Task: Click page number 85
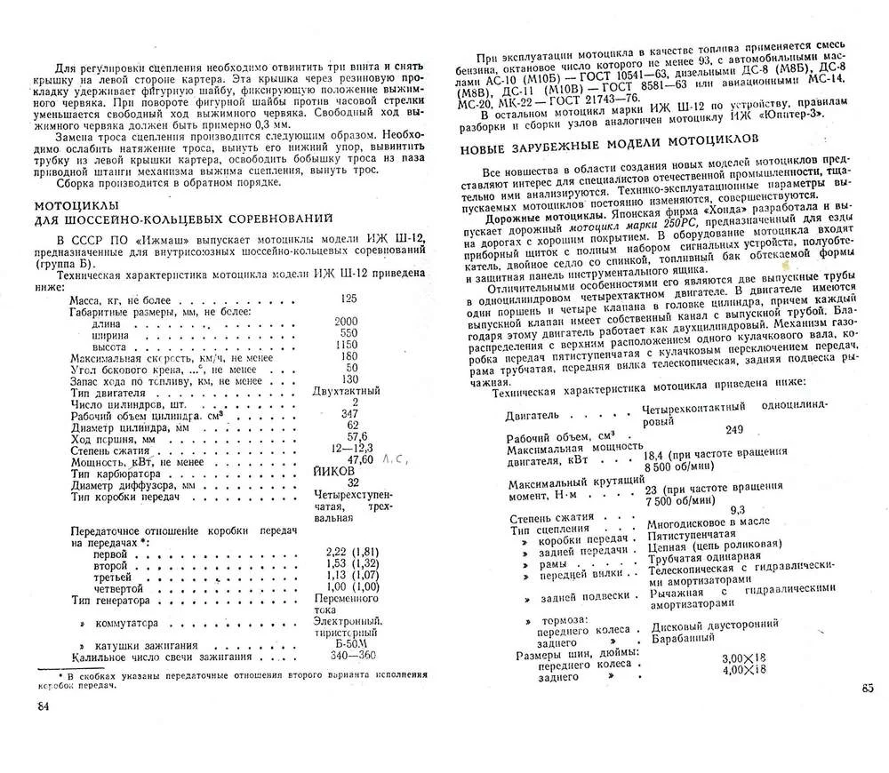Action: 868,686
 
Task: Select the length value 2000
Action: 347,322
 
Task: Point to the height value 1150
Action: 347,345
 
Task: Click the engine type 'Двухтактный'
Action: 347,391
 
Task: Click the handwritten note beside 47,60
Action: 393,459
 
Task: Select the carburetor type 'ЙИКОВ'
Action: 333,471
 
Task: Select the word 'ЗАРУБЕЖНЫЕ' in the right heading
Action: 561,139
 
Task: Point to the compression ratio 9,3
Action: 737,509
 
